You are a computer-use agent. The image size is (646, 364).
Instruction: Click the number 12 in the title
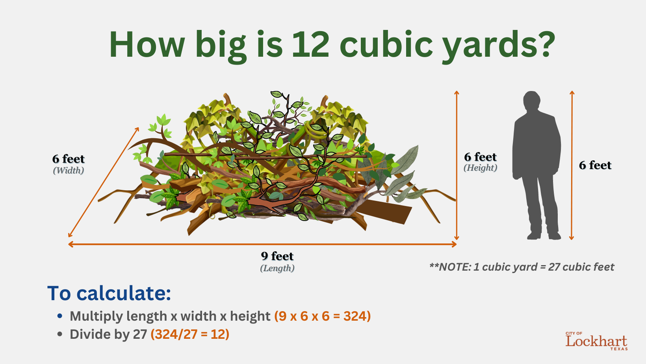click(x=310, y=45)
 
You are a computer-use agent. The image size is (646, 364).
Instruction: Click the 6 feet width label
click(x=69, y=159)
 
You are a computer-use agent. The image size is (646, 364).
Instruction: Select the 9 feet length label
click(x=277, y=256)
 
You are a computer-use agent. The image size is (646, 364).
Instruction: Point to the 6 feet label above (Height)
click(x=481, y=157)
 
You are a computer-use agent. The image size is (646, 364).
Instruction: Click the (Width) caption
click(x=69, y=171)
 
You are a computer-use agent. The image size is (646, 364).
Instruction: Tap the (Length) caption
click(x=277, y=268)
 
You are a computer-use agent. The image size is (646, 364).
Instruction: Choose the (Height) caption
click(x=481, y=167)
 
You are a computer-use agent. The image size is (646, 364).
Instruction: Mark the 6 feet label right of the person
click(x=595, y=165)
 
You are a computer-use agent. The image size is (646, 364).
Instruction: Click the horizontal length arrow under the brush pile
click(x=262, y=245)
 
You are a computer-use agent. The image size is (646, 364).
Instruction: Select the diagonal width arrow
click(x=104, y=182)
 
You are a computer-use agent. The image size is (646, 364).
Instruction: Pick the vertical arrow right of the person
click(x=572, y=165)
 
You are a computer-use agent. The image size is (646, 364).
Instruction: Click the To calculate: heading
click(x=109, y=293)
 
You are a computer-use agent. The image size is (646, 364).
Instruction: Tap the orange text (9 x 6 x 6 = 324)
click(x=323, y=316)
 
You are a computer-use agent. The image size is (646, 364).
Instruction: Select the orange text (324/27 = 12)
click(x=190, y=334)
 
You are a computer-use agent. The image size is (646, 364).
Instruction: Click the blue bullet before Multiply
click(x=60, y=316)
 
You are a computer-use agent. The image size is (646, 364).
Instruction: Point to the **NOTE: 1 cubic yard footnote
click(x=522, y=267)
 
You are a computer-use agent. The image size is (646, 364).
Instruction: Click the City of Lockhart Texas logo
click(x=596, y=341)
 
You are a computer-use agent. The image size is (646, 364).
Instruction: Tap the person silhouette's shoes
click(x=544, y=236)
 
